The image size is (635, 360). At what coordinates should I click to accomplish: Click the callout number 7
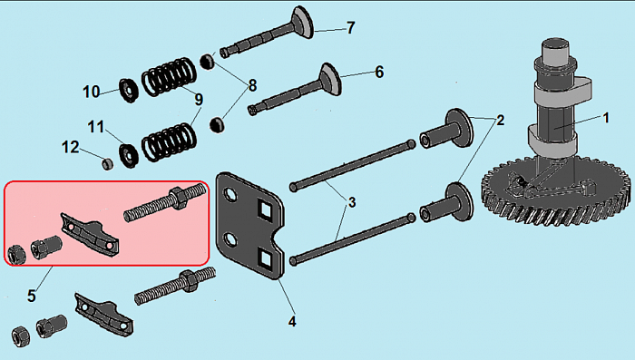click(x=351, y=27)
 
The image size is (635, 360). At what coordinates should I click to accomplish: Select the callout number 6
click(x=379, y=72)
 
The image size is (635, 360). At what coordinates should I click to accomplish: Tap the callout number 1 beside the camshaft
click(x=606, y=118)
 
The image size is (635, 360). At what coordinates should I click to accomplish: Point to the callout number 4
click(x=292, y=322)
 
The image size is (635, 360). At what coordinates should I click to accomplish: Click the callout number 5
click(x=32, y=296)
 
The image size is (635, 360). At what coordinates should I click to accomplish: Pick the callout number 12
click(x=71, y=147)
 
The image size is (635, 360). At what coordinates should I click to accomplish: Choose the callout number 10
click(x=91, y=92)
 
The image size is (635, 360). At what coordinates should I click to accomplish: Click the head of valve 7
click(x=302, y=22)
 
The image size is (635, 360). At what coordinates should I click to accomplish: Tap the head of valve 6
click(x=331, y=79)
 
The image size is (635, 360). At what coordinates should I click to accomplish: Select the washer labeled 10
click(x=129, y=91)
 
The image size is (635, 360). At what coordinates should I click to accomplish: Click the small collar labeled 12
click(x=107, y=163)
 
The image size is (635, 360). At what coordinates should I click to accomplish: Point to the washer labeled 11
click(x=129, y=155)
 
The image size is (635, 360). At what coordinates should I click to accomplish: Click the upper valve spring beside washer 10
click(x=169, y=76)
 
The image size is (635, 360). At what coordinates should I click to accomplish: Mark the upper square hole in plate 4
click(x=266, y=210)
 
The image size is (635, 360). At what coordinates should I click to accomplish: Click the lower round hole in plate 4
click(x=231, y=240)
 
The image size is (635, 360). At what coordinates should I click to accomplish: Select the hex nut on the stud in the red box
click(x=178, y=198)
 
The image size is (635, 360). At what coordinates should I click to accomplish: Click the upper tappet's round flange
click(x=459, y=128)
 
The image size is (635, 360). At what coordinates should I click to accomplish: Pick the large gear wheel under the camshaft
click(x=555, y=190)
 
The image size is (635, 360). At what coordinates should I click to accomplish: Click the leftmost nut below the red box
click(x=20, y=337)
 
